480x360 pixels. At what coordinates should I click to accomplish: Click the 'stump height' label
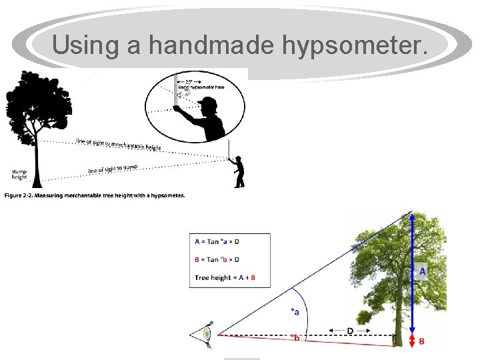[x=19, y=175]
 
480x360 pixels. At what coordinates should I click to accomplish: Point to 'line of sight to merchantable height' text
[x=118, y=144]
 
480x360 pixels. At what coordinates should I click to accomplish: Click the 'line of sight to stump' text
[x=113, y=169]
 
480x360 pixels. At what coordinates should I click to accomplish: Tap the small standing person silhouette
[x=238, y=172]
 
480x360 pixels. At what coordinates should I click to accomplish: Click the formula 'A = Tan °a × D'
[x=216, y=241]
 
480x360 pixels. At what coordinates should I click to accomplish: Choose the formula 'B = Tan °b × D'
[x=217, y=259]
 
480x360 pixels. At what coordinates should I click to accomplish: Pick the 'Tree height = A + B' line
[x=225, y=277]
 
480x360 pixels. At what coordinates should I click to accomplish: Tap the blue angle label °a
[x=294, y=311]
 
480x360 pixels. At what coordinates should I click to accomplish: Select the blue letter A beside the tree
[x=422, y=271]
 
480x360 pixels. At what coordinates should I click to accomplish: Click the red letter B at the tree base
[x=421, y=341]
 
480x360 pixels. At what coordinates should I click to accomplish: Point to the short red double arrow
[x=412, y=341]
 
